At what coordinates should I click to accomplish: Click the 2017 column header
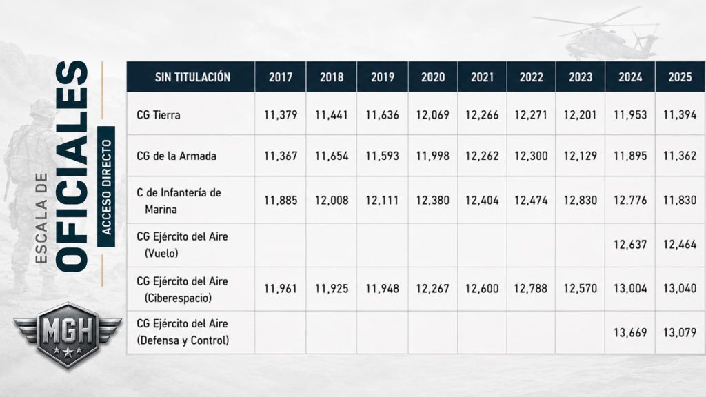pyautogui.click(x=281, y=77)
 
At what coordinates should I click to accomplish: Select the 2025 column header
pyautogui.click(x=680, y=77)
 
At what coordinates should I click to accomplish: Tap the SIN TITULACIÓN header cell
pyautogui.click(x=193, y=77)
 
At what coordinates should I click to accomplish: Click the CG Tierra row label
pyautogui.click(x=159, y=115)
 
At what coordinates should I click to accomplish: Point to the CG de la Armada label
pyautogui.click(x=176, y=156)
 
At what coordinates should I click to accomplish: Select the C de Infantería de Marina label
pyautogui.click(x=179, y=201)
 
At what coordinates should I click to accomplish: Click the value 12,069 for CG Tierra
pyautogui.click(x=433, y=115)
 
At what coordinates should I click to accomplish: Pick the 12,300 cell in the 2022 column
pyautogui.click(x=532, y=156)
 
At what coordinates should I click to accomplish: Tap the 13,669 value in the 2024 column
pyautogui.click(x=630, y=333)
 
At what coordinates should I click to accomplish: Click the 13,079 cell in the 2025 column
pyautogui.click(x=680, y=333)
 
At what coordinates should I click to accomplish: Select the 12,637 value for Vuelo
pyautogui.click(x=630, y=245)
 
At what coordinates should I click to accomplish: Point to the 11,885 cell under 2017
pyautogui.click(x=281, y=200)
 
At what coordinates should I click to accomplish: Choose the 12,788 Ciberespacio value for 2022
pyautogui.click(x=531, y=288)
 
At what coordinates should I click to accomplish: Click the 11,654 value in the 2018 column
pyautogui.click(x=332, y=156)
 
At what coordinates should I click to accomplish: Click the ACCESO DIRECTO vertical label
pyautogui.click(x=106, y=187)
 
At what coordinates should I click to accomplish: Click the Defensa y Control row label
pyautogui.click(x=183, y=340)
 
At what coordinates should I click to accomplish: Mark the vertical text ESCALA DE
pyautogui.click(x=41, y=218)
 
